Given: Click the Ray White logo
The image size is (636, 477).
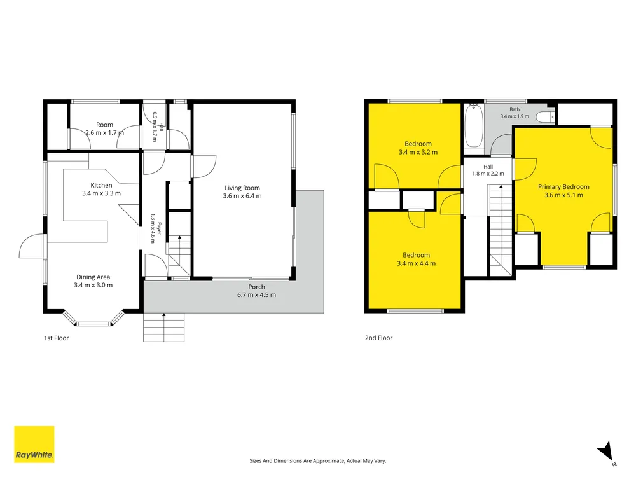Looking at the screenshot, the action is [34, 444].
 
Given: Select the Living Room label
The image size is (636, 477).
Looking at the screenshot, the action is [242, 188].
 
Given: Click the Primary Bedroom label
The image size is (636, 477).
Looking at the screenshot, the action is [563, 186].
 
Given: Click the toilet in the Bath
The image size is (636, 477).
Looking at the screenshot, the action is [545, 117].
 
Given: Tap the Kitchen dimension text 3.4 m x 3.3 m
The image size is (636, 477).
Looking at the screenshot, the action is [101, 193].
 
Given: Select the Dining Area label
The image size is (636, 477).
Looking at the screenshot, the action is [93, 277].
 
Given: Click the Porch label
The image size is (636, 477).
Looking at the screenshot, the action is [257, 287].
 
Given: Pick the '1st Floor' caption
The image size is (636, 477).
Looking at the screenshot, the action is [57, 338].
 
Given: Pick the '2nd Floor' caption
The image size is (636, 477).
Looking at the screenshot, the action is [379, 338].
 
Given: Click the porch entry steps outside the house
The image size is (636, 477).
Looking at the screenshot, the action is [164, 327].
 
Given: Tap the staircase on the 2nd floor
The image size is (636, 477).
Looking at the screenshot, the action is [501, 230].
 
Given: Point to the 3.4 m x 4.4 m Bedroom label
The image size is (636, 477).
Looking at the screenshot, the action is [416, 259].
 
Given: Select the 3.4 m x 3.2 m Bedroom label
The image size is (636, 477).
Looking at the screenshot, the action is [418, 148].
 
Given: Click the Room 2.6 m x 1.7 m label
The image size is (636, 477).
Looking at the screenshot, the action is [105, 128].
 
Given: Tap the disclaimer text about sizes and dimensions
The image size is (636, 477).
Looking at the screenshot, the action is [318, 460].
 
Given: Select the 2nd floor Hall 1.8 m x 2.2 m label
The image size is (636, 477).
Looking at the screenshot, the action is [488, 170].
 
